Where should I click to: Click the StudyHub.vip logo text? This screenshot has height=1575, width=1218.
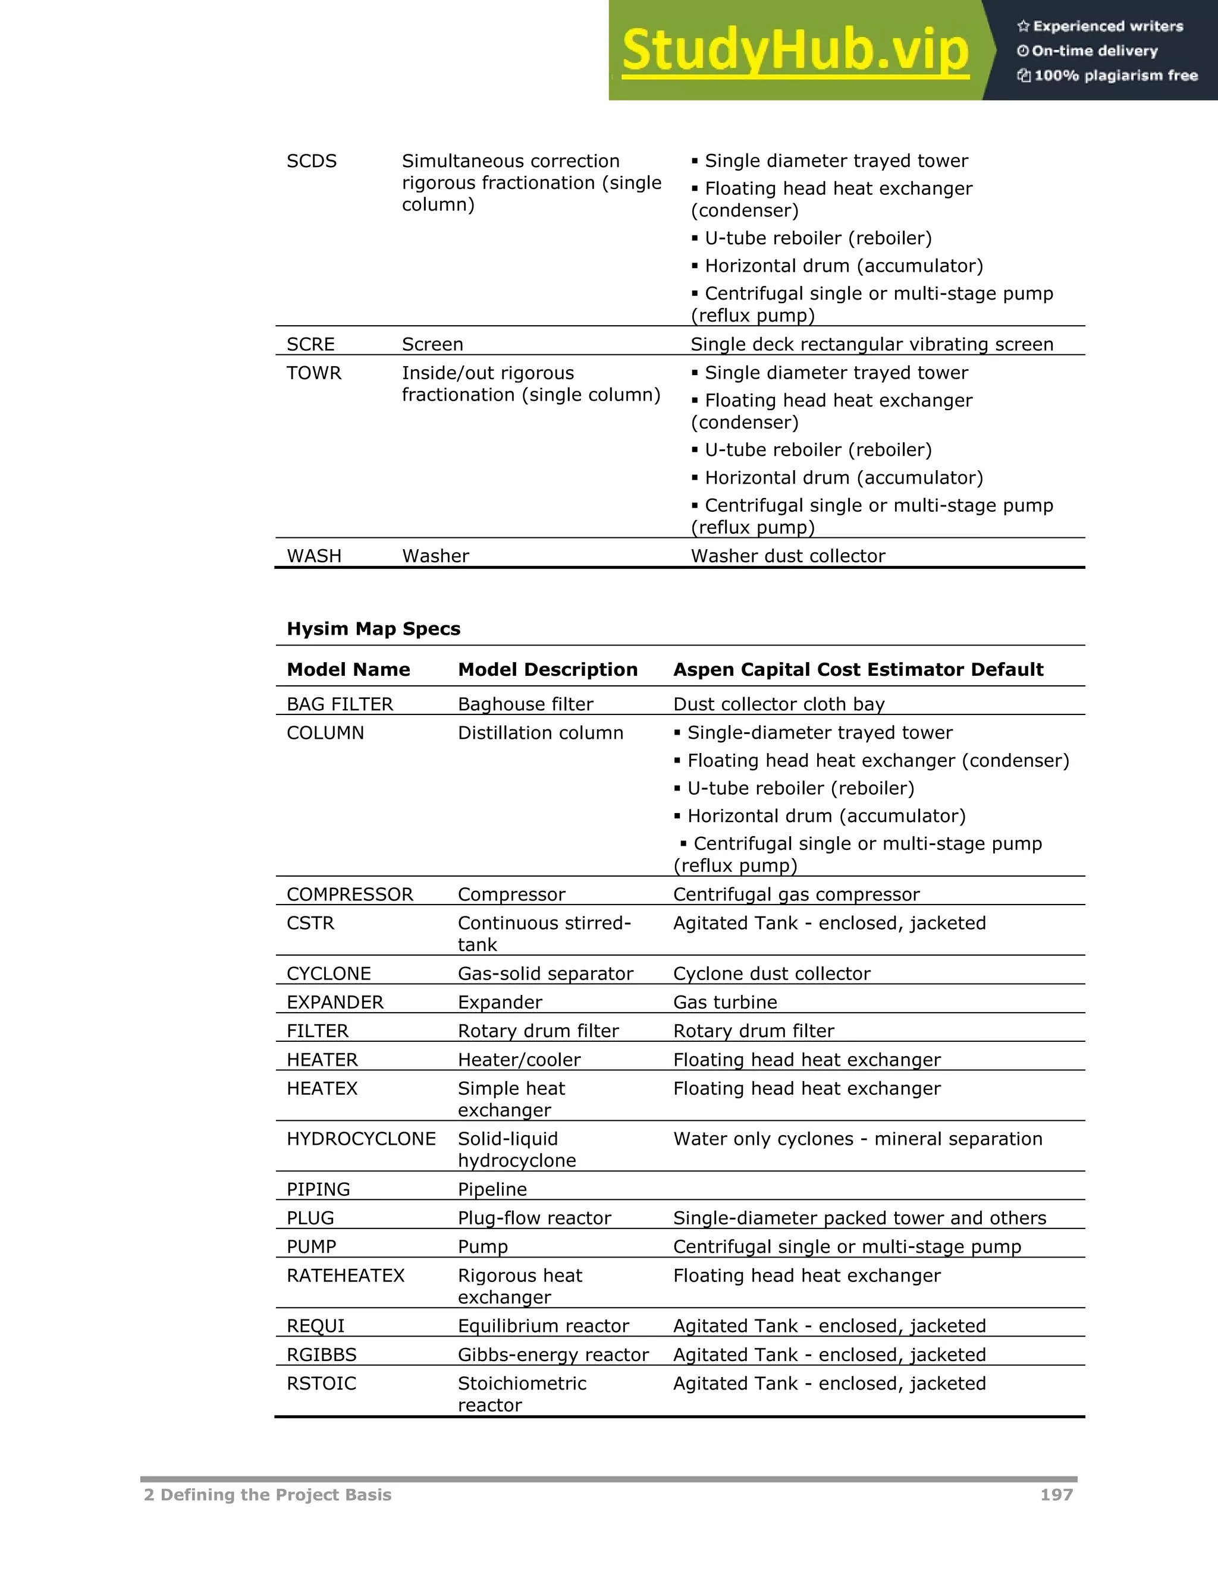[795, 51]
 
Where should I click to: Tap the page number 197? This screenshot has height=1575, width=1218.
[1056, 1495]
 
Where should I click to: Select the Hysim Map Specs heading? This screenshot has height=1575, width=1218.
[373, 629]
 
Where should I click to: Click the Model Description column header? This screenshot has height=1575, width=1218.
[548, 670]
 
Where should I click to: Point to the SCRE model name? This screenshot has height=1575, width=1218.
[310, 345]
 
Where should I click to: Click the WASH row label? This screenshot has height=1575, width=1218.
[314, 556]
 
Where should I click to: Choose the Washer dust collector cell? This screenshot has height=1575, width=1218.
[787, 556]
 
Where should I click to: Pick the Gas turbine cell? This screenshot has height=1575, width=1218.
[724, 1003]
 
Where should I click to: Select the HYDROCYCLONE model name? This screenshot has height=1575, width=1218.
[361, 1139]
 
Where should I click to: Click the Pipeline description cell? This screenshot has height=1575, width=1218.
[492, 1189]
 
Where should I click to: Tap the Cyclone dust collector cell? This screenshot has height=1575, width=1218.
[771, 974]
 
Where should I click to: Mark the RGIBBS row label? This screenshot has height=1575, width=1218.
[321, 1355]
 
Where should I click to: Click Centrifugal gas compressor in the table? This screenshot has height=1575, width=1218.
[796, 894]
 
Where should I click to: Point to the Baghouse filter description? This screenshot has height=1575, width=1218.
[525, 704]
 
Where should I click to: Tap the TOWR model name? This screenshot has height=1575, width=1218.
[314, 373]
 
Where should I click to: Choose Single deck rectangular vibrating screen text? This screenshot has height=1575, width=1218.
[872, 345]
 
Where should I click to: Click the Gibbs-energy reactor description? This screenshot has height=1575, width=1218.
[553, 1355]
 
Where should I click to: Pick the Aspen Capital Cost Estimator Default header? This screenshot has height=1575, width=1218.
[858, 670]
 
